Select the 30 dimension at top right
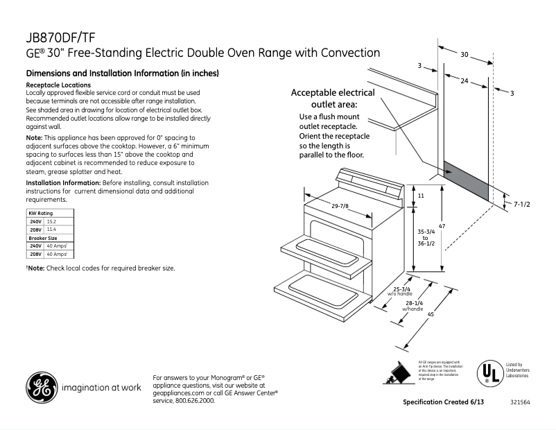tap(464, 54)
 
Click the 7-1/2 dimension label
tap(521, 204)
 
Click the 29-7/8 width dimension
tap(340, 205)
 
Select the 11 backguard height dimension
tap(421, 197)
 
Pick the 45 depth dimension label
tap(431, 316)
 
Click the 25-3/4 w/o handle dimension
tap(401, 291)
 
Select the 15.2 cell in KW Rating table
tap(51, 221)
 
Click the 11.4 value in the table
tap(51, 229)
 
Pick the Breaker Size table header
tap(43, 238)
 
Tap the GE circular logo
tap(41, 388)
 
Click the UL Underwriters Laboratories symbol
tap(489, 373)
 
